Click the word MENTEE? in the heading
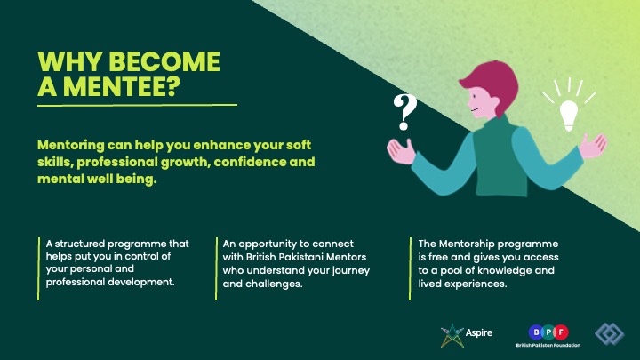click(122, 86)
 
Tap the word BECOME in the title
click(164, 61)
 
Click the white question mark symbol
click(404, 112)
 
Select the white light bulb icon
click(569, 115)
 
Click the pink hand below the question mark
click(401, 151)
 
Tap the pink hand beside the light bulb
click(594, 145)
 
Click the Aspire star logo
click(452, 335)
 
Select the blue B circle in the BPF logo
click(535, 332)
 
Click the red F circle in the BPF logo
click(561, 332)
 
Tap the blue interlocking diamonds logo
click(610, 334)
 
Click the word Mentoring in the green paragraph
click(71, 145)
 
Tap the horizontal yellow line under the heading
click(137, 105)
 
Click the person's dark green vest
click(500, 159)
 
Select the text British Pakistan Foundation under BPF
click(548, 345)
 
